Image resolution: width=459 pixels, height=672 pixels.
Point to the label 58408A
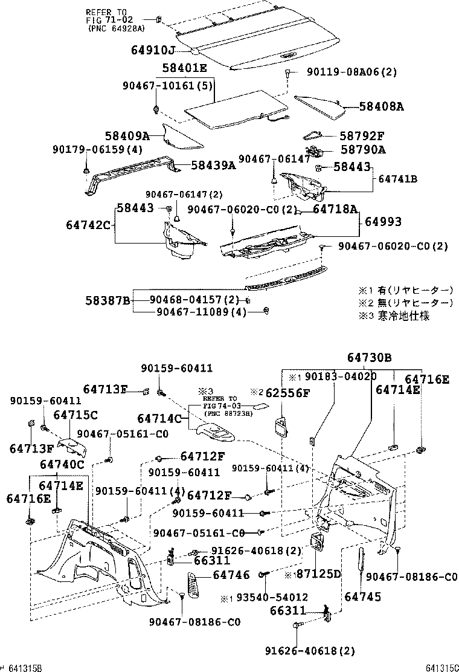[x=381, y=106]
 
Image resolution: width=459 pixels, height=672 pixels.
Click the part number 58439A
[x=213, y=164]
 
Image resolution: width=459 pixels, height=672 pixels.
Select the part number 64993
[x=382, y=222]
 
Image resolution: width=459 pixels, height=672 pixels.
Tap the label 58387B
[x=108, y=300]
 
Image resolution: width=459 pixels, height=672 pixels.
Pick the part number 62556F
[x=289, y=393]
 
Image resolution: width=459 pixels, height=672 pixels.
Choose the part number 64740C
[x=62, y=464]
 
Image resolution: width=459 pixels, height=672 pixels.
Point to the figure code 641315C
[x=441, y=667]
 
